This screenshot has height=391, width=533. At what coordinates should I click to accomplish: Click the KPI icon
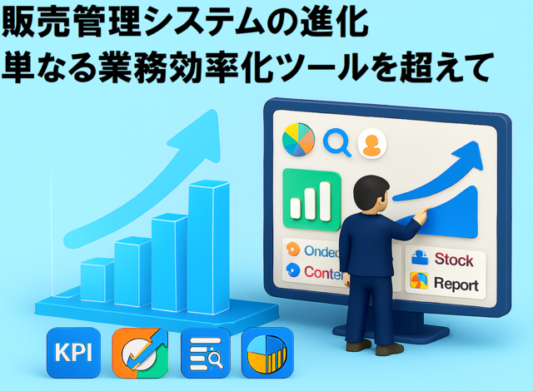tap(74, 353)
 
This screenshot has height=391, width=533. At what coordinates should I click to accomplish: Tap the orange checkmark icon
tap(140, 353)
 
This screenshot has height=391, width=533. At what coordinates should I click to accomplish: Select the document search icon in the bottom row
tap(204, 353)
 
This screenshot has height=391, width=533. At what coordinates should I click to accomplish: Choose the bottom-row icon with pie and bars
tap(267, 353)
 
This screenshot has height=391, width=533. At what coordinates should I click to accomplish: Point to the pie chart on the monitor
tap(298, 140)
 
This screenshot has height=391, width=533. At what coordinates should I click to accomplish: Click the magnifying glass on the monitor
tap(337, 141)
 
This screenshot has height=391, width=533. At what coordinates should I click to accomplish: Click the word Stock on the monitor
tap(453, 260)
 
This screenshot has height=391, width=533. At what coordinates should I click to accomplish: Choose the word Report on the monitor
tap(456, 285)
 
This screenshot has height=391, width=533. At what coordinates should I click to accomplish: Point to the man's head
tap(366, 193)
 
